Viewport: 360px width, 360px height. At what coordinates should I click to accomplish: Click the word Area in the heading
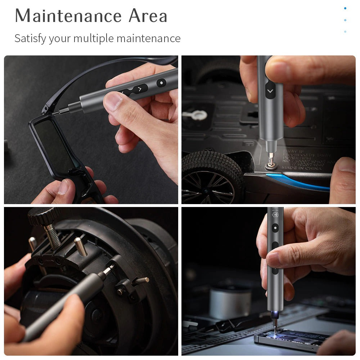click(148, 16)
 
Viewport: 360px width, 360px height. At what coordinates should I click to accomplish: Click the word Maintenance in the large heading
click(68, 16)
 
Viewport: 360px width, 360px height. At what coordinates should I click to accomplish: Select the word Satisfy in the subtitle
click(30, 38)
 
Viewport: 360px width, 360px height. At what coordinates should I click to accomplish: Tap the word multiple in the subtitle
click(94, 39)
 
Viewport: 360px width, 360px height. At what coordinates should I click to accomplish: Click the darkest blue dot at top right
click(345, 8)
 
